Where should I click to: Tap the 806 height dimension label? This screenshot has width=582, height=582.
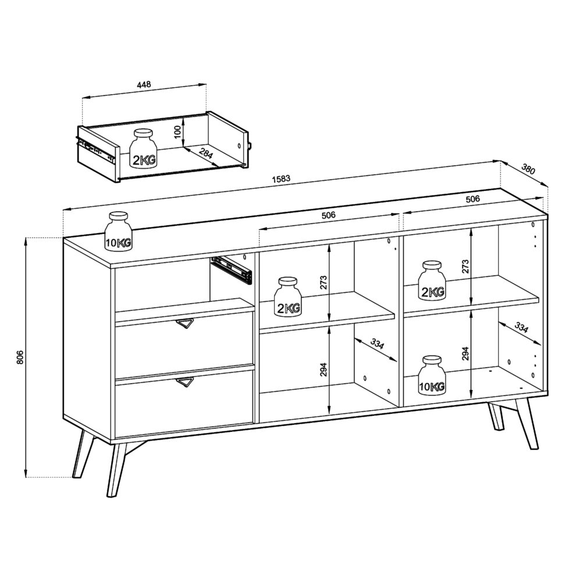(x=19, y=357)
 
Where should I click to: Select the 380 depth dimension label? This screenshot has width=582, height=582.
(x=528, y=170)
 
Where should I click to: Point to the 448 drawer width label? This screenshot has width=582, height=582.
(x=144, y=84)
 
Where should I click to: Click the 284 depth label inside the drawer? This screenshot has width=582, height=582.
(x=205, y=155)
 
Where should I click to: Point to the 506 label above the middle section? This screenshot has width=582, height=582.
(x=329, y=215)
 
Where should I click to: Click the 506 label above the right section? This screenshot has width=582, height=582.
(x=473, y=199)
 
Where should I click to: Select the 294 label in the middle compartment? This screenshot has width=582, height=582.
(x=323, y=368)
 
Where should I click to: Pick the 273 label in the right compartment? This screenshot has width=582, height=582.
(x=465, y=267)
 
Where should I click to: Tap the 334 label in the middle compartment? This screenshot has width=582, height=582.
(x=377, y=343)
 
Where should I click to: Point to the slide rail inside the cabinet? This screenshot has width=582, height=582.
(x=232, y=269)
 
